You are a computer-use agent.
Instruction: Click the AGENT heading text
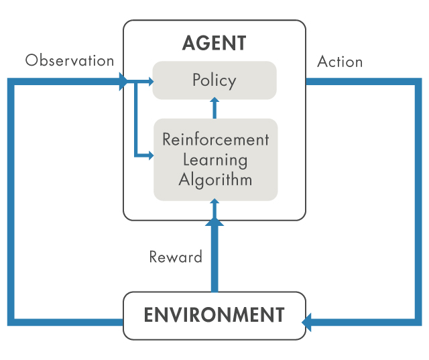point(214,44)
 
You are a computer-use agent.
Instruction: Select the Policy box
point(214,80)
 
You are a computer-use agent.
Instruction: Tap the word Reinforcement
point(215,139)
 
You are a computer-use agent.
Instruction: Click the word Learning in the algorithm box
point(214,160)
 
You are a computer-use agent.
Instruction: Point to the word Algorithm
point(215,180)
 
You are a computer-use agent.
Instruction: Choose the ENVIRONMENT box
point(214,315)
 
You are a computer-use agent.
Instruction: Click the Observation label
point(70,60)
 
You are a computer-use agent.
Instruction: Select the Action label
point(340,62)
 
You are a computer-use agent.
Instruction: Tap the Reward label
point(176,257)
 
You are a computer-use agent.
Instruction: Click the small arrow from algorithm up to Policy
point(214,108)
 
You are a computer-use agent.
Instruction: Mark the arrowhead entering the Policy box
point(149,82)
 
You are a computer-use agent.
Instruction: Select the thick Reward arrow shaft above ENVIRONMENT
point(214,261)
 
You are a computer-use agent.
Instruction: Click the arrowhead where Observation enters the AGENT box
point(124,82)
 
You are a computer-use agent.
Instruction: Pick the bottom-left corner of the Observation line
point(11,321)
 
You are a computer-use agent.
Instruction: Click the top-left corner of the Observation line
point(11,82)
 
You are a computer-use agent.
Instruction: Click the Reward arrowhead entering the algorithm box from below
point(214,203)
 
